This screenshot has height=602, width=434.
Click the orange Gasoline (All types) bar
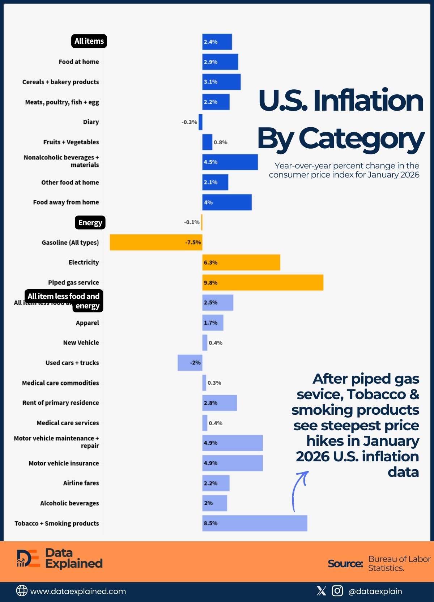[156, 242]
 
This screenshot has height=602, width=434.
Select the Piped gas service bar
[263, 282]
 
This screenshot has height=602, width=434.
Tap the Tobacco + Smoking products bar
[255, 523]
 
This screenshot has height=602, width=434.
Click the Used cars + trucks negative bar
[190, 363]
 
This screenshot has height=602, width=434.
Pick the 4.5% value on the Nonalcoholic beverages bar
[210, 162]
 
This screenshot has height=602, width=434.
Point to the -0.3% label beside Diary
[189, 122]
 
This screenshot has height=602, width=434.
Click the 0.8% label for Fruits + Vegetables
[220, 142]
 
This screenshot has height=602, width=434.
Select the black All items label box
[89, 41]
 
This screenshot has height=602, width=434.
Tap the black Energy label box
[90, 222]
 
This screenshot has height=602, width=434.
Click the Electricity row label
[84, 262]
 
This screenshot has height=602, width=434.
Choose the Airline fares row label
[81, 483]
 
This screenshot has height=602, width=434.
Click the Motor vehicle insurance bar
[232, 463]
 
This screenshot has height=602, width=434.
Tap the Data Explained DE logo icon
[28, 559]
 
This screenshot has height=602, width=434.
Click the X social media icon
[321, 591]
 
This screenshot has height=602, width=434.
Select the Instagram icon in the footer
[337, 591]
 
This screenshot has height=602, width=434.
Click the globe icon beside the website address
[22, 591]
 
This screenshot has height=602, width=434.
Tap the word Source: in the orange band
[345, 563]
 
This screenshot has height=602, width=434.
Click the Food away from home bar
[227, 202]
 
